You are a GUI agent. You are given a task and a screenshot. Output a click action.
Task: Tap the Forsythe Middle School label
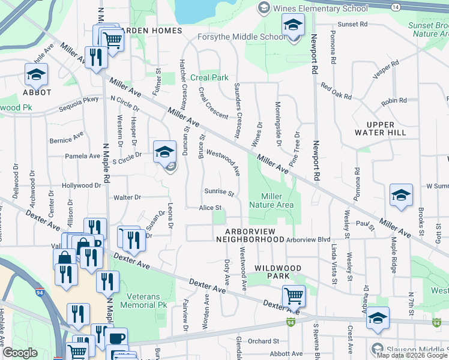click(x=243, y=37)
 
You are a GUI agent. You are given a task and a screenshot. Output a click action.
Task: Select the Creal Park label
click(x=209, y=78)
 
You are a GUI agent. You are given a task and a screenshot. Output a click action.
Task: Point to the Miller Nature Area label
click(x=277, y=200)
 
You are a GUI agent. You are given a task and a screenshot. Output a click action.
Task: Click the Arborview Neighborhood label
click(x=254, y=235)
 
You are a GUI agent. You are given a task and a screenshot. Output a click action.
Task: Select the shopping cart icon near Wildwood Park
click(x=294, y=295)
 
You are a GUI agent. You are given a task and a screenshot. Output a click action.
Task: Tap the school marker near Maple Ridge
click(x=401, y=195)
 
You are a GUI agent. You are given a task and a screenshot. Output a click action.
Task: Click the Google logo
click(x=20, y=353)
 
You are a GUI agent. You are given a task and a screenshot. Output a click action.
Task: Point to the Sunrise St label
click(x=218, y=193)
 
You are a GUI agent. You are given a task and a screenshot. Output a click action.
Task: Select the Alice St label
click(x=211, y=208)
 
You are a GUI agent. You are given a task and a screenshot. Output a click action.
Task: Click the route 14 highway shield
click(x=394, y=6)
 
